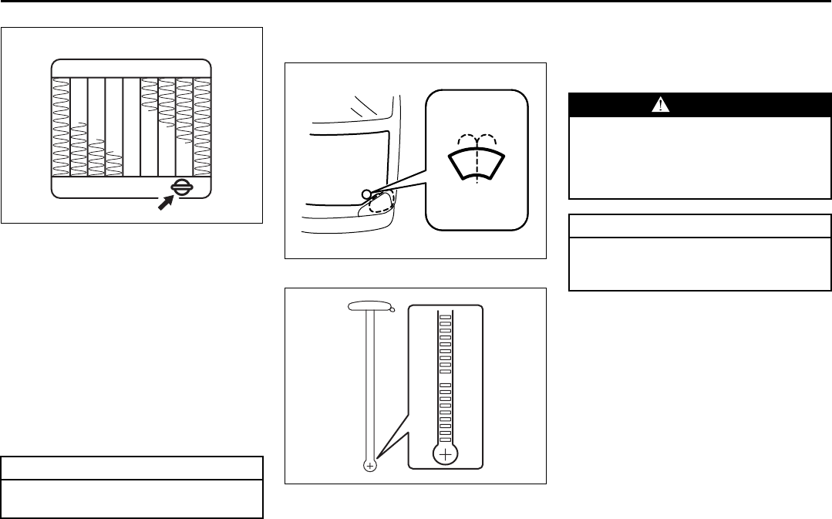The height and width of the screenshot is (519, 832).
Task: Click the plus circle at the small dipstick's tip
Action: (x=370, y=466)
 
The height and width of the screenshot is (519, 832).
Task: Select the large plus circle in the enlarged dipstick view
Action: (x=445, y=456)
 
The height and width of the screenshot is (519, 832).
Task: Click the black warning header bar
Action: (x=700, y=106)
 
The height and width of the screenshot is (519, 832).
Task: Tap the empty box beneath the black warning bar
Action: (x=700, y=158)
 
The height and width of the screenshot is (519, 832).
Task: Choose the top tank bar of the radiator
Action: (x=131, y=67)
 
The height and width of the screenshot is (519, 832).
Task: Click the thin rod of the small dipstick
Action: (x=370, y=386)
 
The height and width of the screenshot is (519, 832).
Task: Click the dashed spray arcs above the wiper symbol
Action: (x=477, y=141)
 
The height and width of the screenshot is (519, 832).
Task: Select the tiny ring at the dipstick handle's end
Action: (x=392, y=310)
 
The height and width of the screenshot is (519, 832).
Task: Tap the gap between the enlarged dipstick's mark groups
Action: (x=445, y=376)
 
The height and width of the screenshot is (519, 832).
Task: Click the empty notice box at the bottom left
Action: (x=132, y=498)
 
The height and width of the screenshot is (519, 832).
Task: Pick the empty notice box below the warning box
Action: (x=700, y=261)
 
